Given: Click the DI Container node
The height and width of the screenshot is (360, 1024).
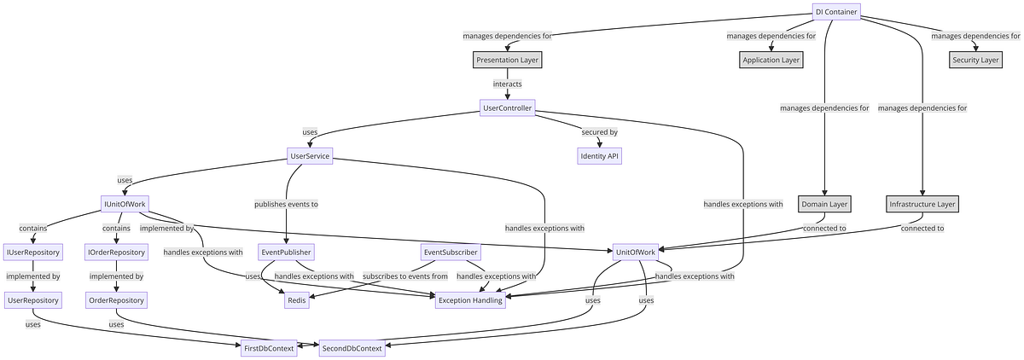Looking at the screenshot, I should coord(835,11).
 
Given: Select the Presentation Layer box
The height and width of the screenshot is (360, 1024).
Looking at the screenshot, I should coord(507,60).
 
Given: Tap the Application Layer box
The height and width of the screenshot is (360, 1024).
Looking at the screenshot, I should coord(771,60).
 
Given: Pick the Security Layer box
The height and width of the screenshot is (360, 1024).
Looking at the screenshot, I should coord(975,60).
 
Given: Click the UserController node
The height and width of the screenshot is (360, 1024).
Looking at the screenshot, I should coord(507,107).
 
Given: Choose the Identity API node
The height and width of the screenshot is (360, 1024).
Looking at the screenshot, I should coord(600,156).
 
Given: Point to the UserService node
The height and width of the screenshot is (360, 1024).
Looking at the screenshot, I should coord(310,156).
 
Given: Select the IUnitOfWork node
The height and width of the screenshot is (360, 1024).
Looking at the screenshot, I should coord(125,204).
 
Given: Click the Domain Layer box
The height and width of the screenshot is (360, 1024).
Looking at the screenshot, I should coord(824,204).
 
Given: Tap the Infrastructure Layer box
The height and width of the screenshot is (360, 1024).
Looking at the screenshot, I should coord(923,204).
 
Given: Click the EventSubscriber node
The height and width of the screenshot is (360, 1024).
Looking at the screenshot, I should coord(451,253).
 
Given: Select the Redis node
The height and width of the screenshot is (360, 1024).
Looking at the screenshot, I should coord(296,300).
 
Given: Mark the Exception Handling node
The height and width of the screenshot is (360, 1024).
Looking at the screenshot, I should coord(470,300).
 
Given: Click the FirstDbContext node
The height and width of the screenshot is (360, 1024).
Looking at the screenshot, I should coord(268,348).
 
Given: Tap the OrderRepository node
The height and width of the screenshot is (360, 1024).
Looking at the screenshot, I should coord(116,300).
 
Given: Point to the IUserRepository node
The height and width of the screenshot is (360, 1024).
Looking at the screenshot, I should coord(32,253).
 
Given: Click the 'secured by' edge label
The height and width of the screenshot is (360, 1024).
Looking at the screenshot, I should coord(599,132).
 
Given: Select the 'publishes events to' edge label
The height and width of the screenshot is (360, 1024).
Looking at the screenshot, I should coord(286,204).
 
